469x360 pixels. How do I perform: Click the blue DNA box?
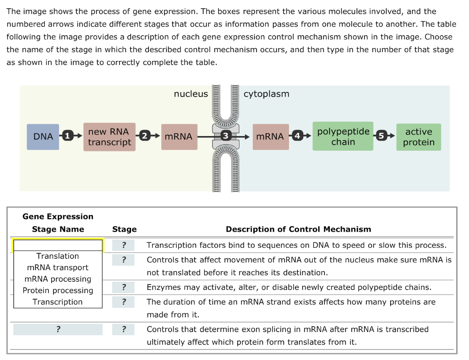[x=43, y=136]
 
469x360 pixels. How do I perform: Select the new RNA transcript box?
[x=109, y=136]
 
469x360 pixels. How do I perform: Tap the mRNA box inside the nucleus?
[x=179, y=136]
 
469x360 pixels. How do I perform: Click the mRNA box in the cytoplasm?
[x=270, y=136]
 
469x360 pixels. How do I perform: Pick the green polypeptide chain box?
[x=343, y=136]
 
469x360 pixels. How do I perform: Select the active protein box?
[x=419, y=136]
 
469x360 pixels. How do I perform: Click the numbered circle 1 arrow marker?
[x=68, y=136]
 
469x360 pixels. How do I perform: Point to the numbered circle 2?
[x=145, y=136]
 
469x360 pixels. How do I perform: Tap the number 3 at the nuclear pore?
[x=225, y=136]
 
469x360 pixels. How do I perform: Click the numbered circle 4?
[x=298, y=136]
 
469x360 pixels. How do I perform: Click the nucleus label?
[x=191, y=94]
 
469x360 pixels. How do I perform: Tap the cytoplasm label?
[x=267, y=94]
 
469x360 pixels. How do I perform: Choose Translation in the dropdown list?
[x=58, y=256]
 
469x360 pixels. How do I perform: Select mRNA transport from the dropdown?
[x=58, y=267]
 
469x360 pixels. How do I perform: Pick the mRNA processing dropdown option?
[x=58, y=279]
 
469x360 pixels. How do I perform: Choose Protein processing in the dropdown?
[x=58, y=290]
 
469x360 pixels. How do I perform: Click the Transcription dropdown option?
[x=58, y=302]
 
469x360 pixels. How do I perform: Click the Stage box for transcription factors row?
[x=124, y=245]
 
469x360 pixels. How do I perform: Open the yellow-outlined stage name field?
[x=58, y=245]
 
